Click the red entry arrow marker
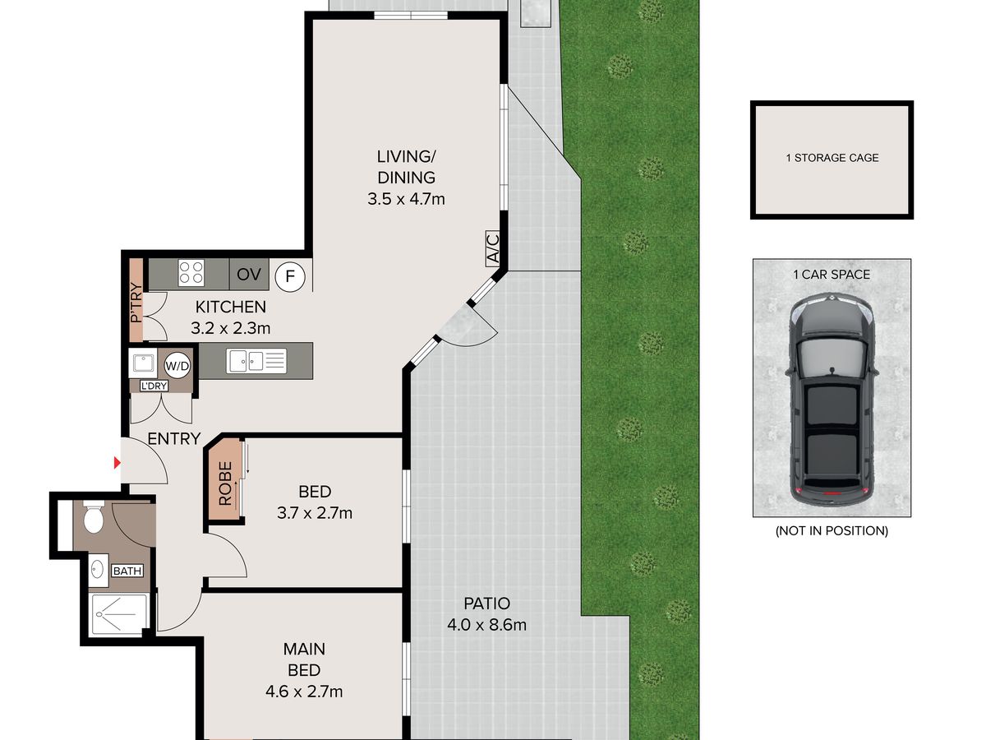(117, 463)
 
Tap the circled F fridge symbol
(290, 277)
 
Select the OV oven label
(249, 274)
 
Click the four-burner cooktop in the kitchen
(191, 273)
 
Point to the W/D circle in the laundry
(177, 366)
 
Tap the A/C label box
(493, 248)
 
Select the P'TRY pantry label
(136, 303)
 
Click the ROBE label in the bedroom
(225, 483)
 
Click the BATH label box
(127, 571)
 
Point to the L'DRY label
(154, 386)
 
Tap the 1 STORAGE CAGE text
(832, 158)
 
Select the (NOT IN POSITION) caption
(832, 530)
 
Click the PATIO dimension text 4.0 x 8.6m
(487, 625)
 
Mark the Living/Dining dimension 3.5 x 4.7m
(406, 199)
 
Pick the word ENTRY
(174, 438)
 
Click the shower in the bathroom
(118, 614)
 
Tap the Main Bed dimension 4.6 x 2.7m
(304, 691)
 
